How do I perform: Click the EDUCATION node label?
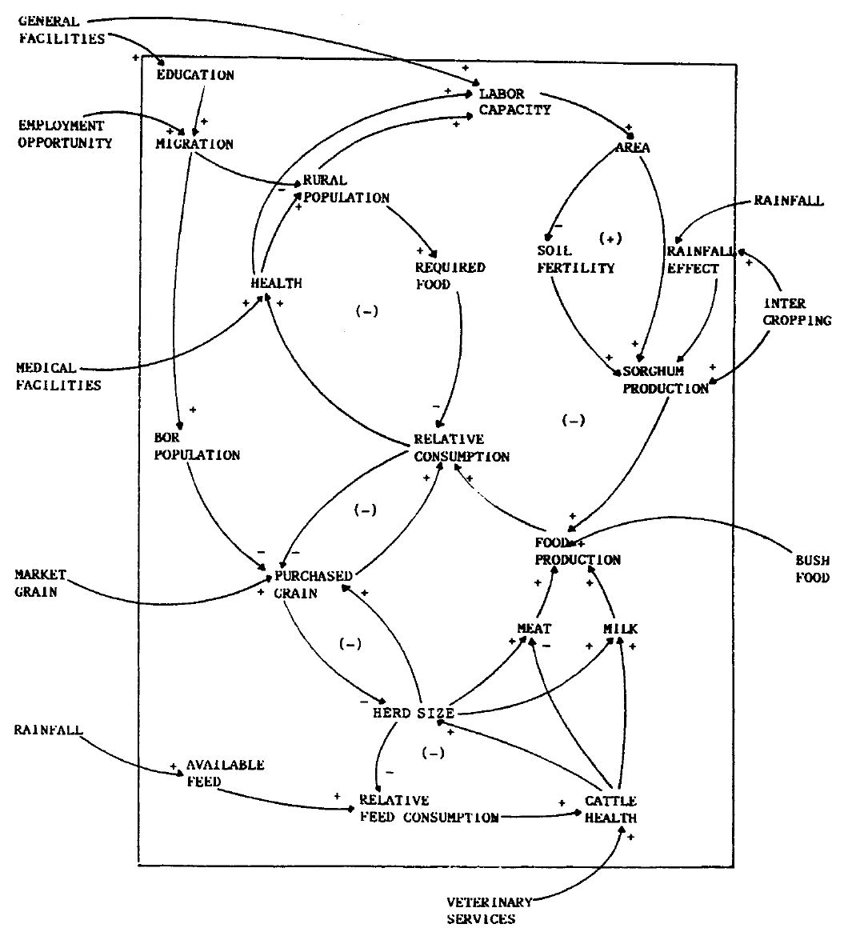[195, 75]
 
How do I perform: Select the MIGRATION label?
[194, 144]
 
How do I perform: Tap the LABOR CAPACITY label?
[514, 102]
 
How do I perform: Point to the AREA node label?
[633, 147]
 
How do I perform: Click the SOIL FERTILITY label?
[575, 259]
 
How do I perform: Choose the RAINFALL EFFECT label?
[694, 259]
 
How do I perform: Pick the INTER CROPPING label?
[797, 312]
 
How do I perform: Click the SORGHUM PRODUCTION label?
[666, 380]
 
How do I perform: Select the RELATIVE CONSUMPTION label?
[461, 448]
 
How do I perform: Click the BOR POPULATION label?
[197, 446]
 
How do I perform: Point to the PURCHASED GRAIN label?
[313, 584]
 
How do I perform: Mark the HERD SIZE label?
[414, 713]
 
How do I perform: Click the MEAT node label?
[534, 629]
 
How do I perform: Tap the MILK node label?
[620, 629]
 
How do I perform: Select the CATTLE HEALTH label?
[610, 809]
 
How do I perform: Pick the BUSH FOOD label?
[812, 569]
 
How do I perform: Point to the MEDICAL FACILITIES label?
[58, 376]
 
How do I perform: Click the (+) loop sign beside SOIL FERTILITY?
[610, 238]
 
